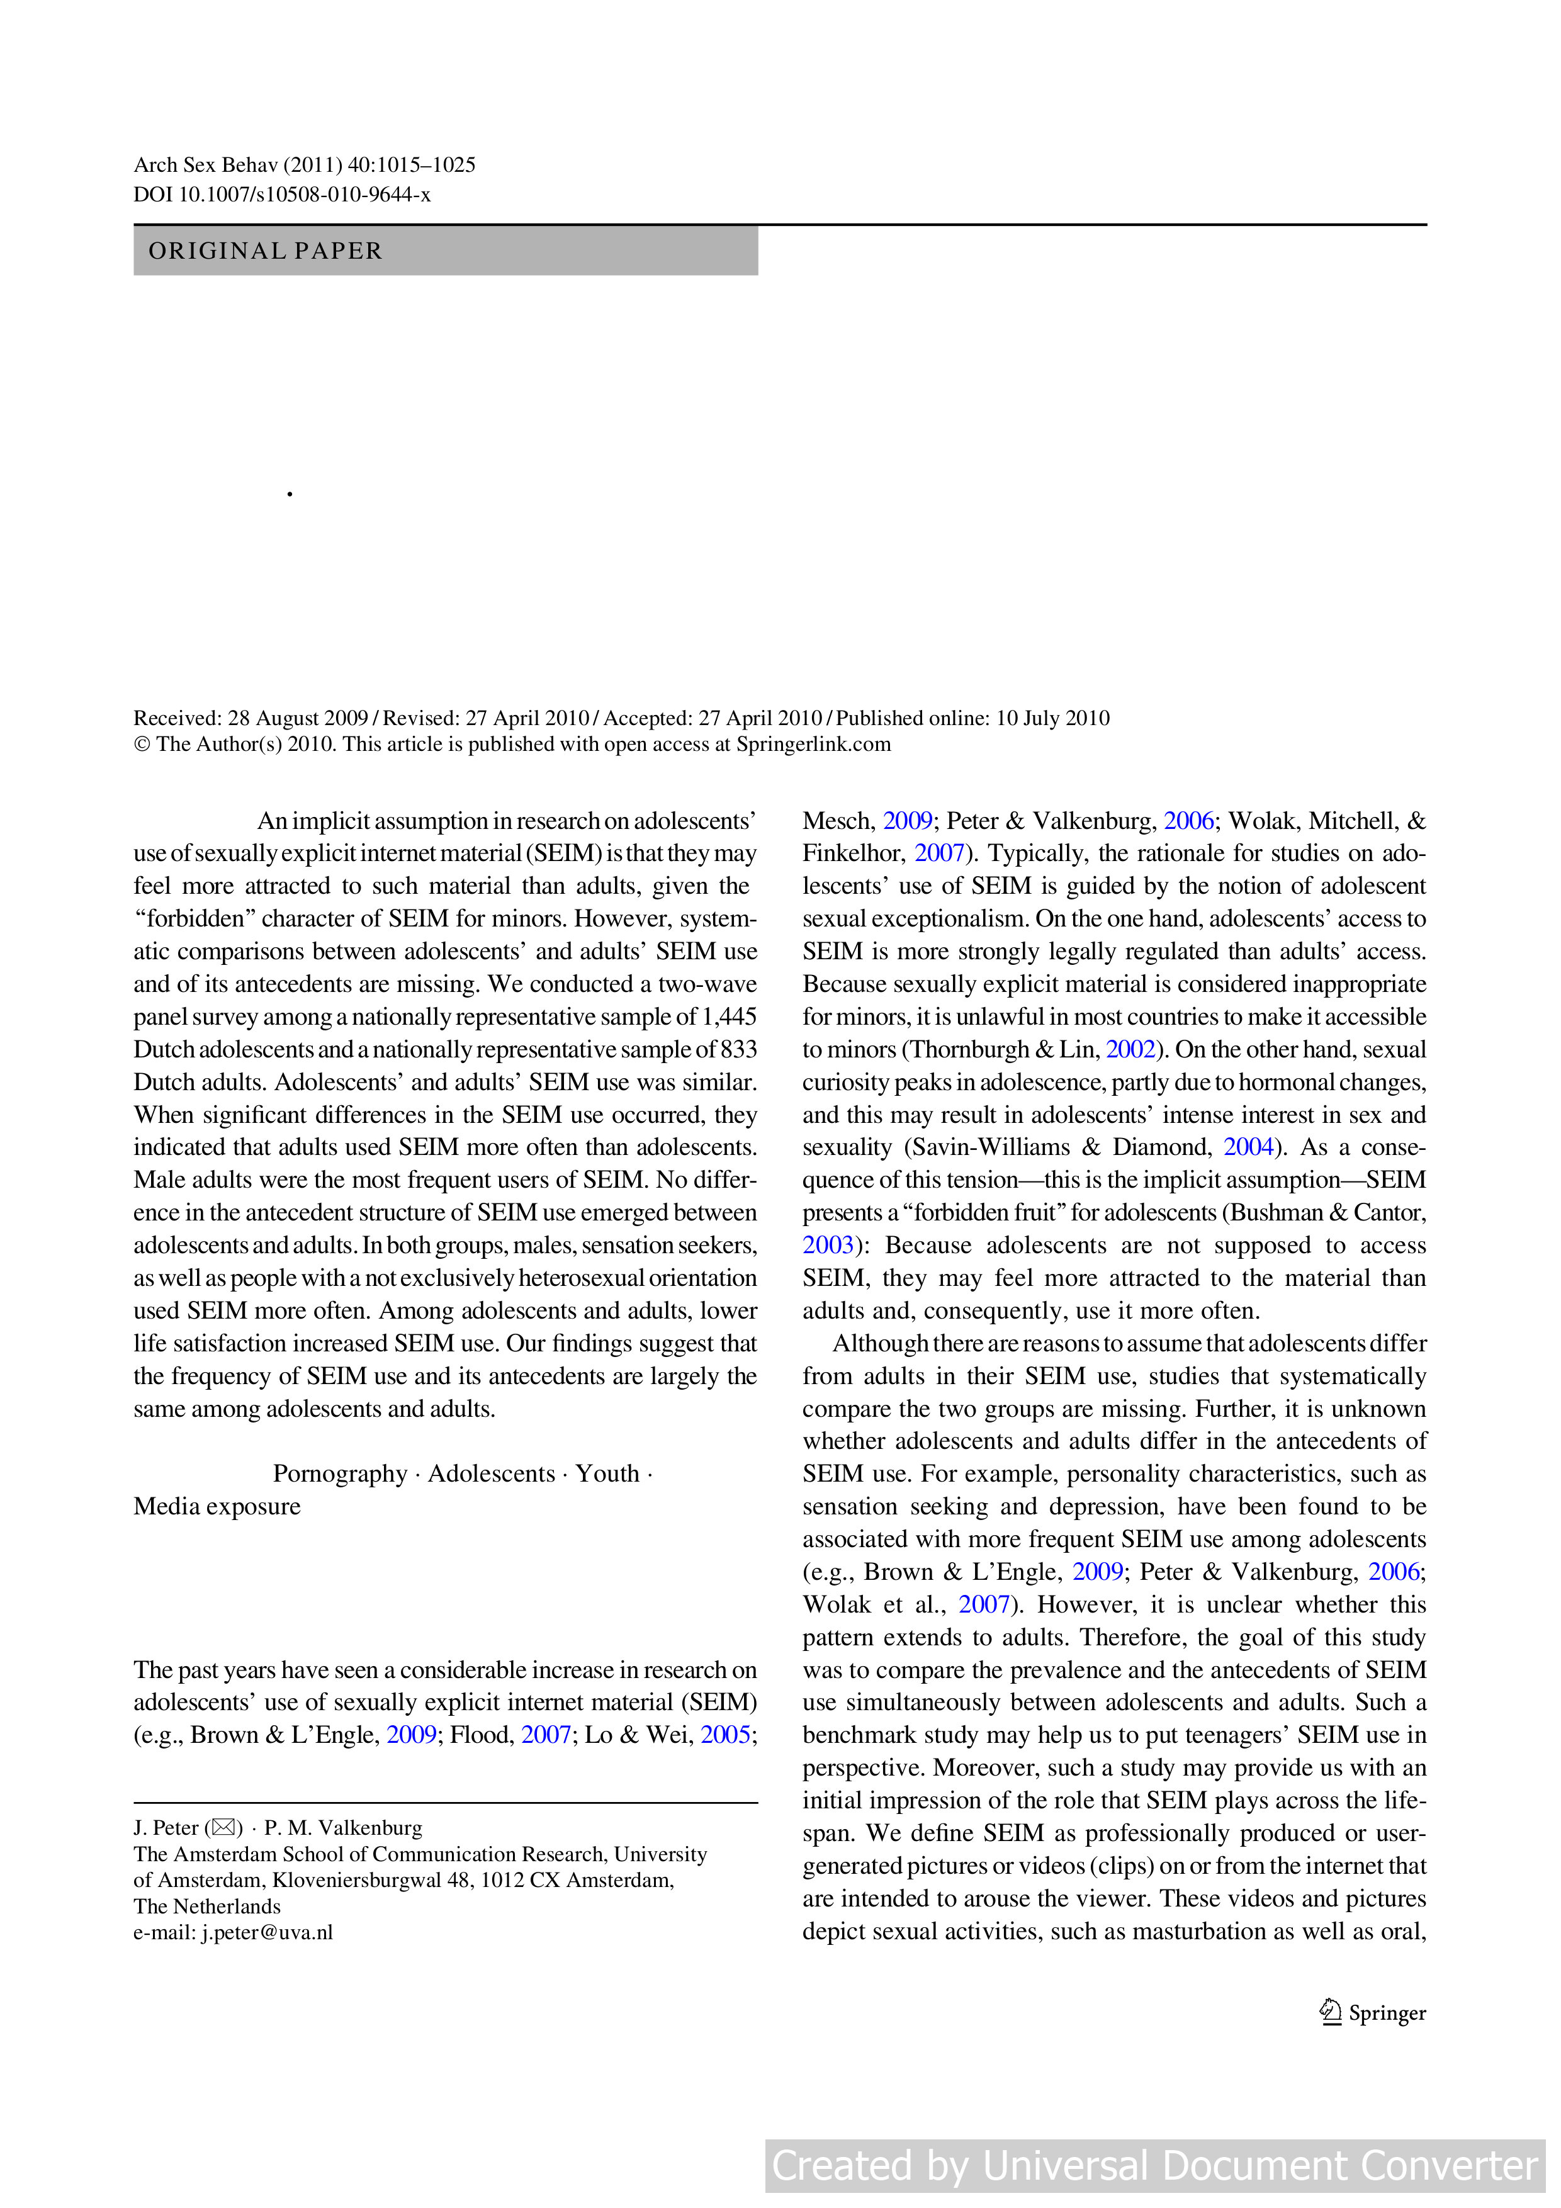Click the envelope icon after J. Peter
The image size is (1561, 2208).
[x=223, y=1827]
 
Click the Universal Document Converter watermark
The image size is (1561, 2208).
[x=1154, y=2165]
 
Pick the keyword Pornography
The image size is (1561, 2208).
[x=339, y=1473]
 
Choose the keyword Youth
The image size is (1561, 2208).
[x=607, y=1473]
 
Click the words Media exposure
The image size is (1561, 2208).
[x=217, y=1506]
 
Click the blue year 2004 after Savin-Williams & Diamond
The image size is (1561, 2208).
[x=1248, y=1147]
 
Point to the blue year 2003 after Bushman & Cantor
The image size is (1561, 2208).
[x=827, y=1246]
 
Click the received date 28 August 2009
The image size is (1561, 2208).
[x=298, y=718]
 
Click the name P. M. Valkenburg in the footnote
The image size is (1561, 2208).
[x=344, y=1827]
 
